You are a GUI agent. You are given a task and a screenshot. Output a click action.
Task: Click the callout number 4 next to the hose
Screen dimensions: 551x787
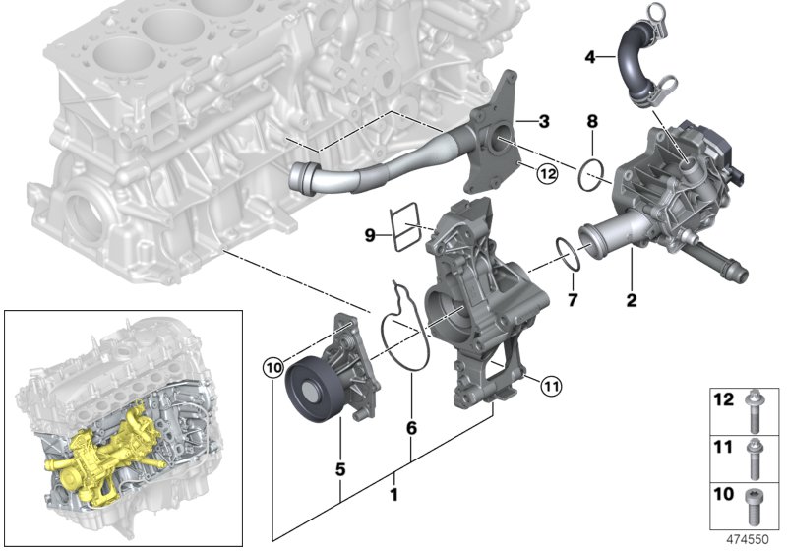click(590, 57)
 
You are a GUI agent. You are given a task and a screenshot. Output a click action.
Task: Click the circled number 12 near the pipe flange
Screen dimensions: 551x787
click(548, 174)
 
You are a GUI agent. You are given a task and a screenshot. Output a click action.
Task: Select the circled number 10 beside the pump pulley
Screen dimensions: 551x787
click(273, 368)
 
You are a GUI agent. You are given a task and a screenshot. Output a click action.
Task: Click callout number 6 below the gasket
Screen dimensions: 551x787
click(411, 429)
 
